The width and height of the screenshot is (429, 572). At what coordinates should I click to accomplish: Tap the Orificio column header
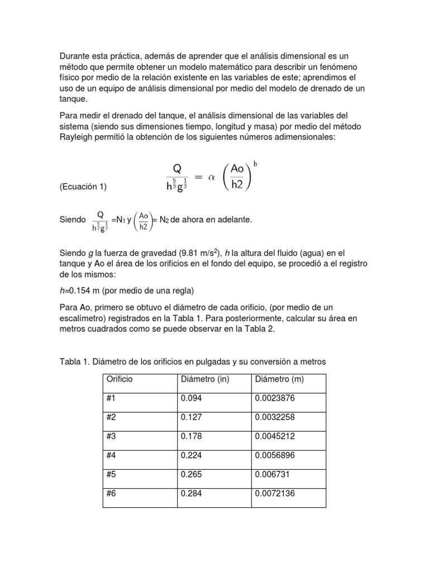118,379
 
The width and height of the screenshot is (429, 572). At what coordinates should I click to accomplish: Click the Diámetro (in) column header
205,379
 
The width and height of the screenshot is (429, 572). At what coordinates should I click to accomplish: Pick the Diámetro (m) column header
279,379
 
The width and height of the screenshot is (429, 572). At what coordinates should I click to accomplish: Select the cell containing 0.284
191,494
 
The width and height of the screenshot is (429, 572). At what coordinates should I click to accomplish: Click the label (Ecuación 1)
83,187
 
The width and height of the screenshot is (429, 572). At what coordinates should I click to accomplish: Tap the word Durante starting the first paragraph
76,56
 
